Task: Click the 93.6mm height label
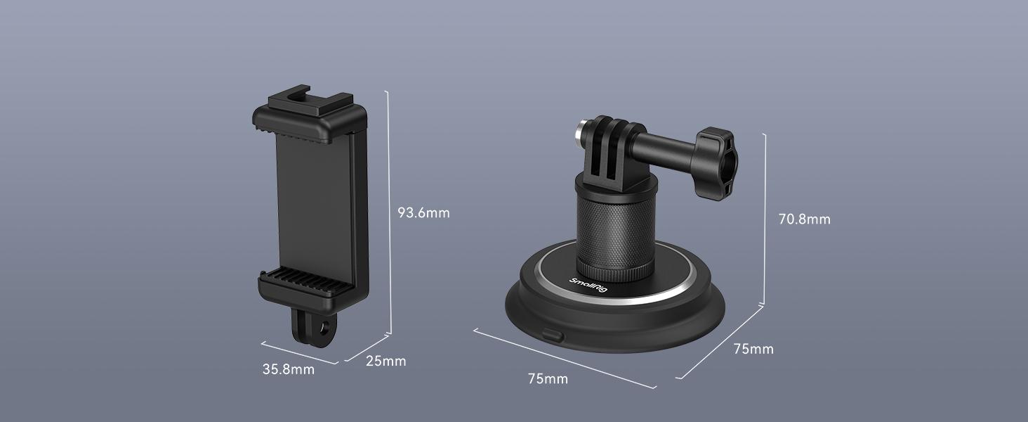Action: (x=423, y=212)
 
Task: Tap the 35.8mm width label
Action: (x=288, y=369)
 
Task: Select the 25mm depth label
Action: (x=385, y=362)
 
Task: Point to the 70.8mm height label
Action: (x=804, y=219)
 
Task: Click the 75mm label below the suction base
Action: (x=548, y=379)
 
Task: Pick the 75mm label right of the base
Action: (x=753, y=349)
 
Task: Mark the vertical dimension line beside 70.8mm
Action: (x=764, y=218)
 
